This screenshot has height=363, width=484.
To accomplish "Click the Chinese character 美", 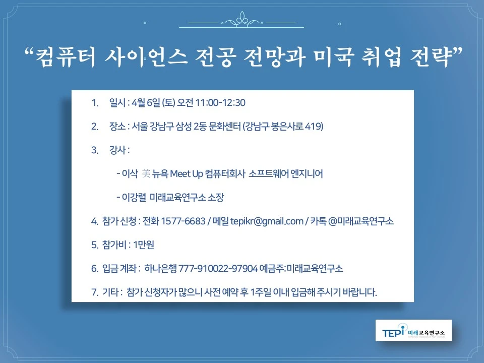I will [x=146, y=174].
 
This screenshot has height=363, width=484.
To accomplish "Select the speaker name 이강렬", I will [x=133, y=197].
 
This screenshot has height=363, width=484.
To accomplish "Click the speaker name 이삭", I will [x=130, y=174].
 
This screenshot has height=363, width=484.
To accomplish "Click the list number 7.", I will [x=94, y=292].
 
